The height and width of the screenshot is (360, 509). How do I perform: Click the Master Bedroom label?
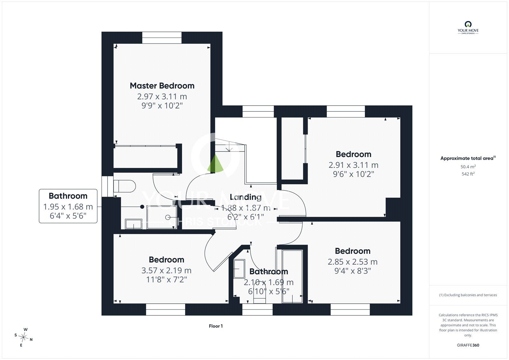point(162,86)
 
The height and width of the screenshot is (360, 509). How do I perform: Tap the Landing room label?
point(245,197)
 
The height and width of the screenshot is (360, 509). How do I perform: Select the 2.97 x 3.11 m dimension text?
point(162,97)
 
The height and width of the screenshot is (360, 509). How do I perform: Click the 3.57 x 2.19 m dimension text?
point(166,271)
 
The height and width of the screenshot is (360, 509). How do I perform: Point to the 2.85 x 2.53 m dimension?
point(352,262)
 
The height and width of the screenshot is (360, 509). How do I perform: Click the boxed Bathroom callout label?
point(68,196)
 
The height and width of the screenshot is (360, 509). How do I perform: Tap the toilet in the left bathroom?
point(124,186)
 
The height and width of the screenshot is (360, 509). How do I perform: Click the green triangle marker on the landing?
point(215,163)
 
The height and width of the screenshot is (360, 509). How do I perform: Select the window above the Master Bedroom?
point(162,38)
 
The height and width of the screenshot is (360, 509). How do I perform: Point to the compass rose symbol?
point(24,337)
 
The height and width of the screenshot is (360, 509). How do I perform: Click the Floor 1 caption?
point(216,326)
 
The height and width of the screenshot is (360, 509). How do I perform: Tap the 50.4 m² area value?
point(468,166)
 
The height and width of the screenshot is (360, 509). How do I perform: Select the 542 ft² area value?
point(468,174)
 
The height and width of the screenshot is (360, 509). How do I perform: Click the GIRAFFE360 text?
point(468,345)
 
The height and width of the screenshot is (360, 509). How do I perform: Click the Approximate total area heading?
point(468,158)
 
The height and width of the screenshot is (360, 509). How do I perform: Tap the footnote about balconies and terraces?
point(468,295)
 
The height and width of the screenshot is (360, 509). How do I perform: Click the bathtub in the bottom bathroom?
point(292,277)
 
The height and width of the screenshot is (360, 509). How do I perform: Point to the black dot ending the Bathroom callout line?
point(142,207)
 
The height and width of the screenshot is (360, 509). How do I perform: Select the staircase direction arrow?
point(229,147)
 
